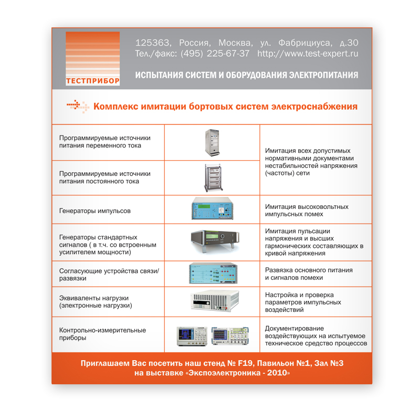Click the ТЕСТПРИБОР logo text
93,81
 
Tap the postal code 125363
153,43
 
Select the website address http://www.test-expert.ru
308,54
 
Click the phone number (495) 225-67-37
215,54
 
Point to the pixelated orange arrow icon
78,107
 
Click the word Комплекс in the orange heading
115,107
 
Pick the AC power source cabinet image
212,142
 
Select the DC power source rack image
214,178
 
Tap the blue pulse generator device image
212,208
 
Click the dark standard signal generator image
215,241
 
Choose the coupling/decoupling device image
213,274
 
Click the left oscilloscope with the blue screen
192,336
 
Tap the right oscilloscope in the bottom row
230,335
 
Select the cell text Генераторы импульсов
95,211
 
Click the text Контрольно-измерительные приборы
102,334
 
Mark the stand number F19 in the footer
245,363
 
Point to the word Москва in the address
236,43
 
